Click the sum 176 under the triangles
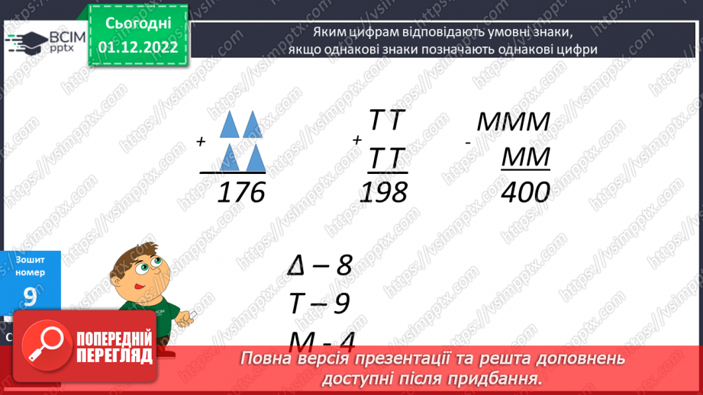pyautogui.click(x=240, y=192)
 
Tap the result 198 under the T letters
pyautogui.click(x=383, y=192)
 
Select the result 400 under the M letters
pyautogui.click(x=525, y=192)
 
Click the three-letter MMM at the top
pyautogui.click(x=513, y=122)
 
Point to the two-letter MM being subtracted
pyautogui.click(x=526, y=158)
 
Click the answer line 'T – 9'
pyautogui.click(x=318, y=303)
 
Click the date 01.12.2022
pyautogui.click(x=138, y=47)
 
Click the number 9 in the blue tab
pyautogui.click(x=30, y=297)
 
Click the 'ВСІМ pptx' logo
pyautogui.click(x=38, y=40)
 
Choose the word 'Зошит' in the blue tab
pyautogui.click(x=30, y=259)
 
